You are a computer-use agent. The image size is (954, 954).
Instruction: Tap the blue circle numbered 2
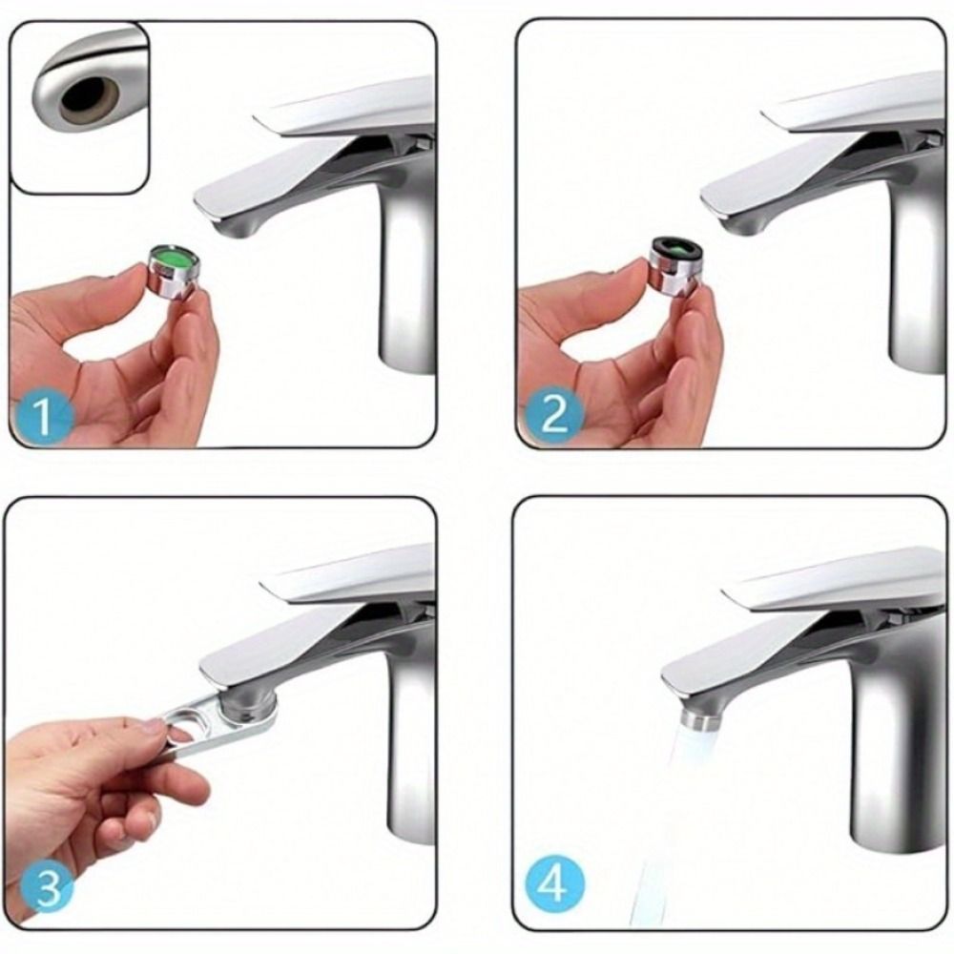coord(553,415)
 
